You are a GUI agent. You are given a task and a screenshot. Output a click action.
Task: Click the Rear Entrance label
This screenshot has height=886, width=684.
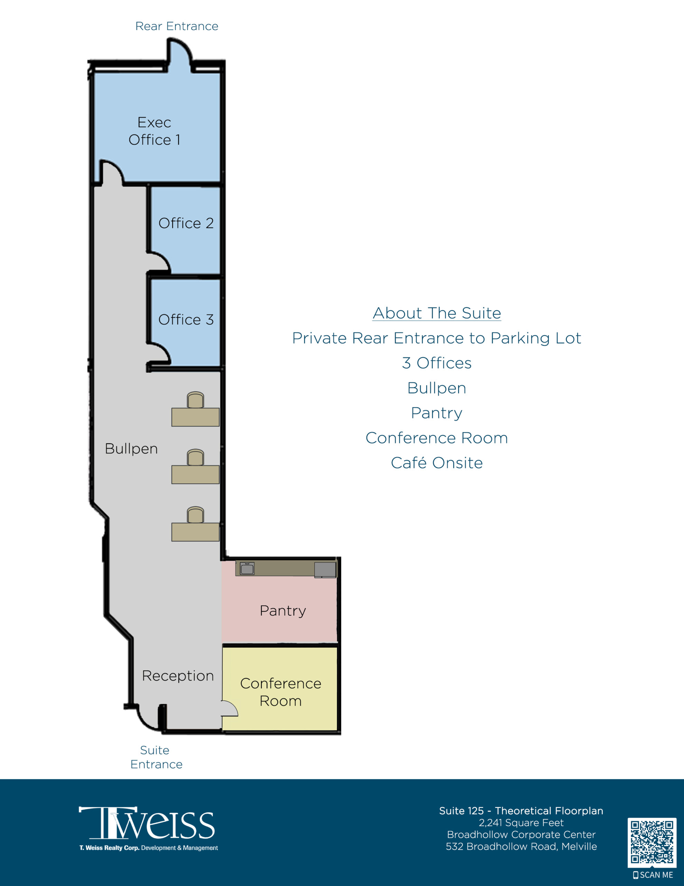(x=177, y=26)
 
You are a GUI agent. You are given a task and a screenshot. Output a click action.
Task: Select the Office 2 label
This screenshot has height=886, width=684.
(x=186, y=223)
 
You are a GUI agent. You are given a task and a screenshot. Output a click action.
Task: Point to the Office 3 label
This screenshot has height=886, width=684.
(x=186, y=320)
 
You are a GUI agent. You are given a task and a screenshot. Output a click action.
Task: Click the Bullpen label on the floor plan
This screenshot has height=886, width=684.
(x=131, y=449)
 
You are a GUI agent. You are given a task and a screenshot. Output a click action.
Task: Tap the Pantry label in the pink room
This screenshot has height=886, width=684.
(x=283, y=611)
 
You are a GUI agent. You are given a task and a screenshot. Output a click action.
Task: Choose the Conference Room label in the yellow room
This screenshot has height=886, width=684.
(x=280, y=692)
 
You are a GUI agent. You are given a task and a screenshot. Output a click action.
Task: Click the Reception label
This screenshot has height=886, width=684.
(x=178, y=676)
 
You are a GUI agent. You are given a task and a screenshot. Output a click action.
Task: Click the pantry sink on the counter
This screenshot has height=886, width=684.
(x=247, y=568)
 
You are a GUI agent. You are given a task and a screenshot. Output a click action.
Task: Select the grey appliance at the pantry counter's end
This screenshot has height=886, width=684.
(x=325, y=570)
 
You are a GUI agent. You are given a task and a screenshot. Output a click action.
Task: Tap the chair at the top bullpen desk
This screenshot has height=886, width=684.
(x=195, y=400)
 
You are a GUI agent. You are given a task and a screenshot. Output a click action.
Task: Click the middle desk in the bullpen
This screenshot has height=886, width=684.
(x=195, y=474)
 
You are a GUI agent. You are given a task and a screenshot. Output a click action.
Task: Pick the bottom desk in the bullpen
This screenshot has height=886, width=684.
(x=195, y=532)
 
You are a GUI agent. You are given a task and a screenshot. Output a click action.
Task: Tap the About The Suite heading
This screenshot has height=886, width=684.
(x=437, y=313)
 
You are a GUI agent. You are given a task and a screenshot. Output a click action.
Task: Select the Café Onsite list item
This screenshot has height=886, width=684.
(x=437, y=463)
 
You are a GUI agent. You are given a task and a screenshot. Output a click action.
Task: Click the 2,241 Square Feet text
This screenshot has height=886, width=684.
(x=521, y=823)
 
